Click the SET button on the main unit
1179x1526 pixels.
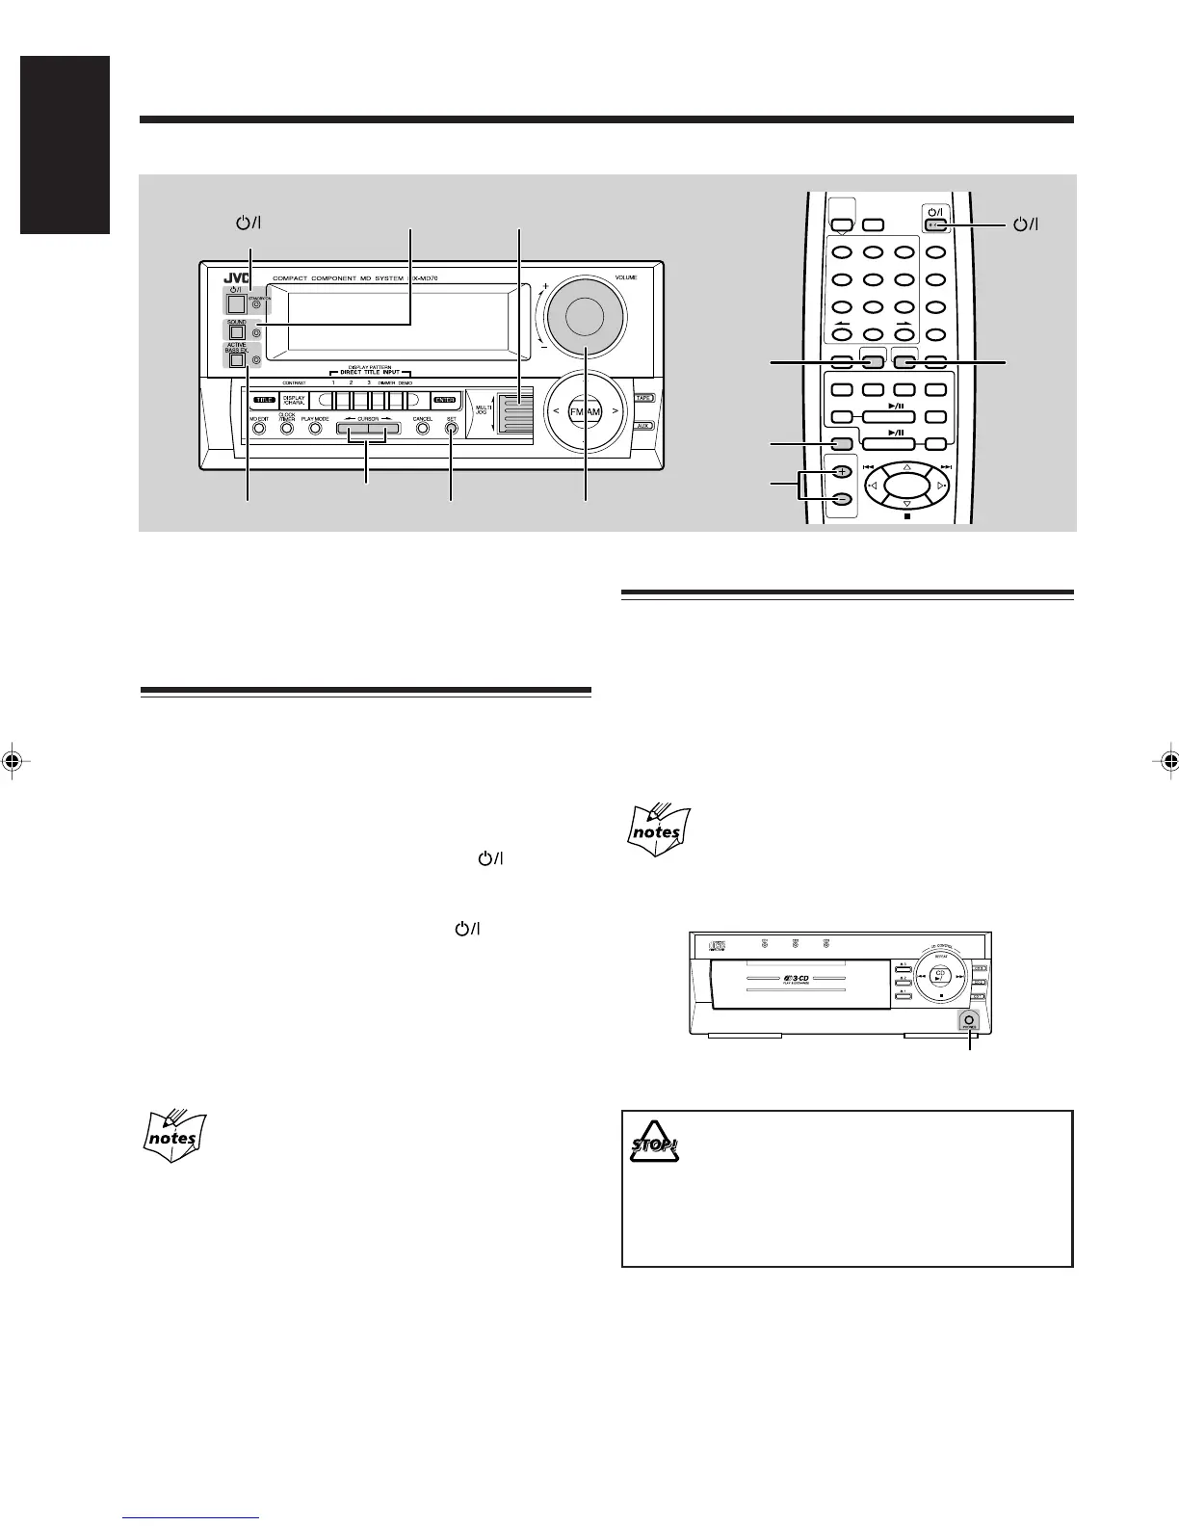coord(451,429)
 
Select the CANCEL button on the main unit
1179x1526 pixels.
coord(422,429)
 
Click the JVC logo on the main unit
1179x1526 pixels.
coord(221,279)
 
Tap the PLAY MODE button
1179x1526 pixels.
coord(315,429)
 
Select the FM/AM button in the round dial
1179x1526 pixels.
coord(584,411)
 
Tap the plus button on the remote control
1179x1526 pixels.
coord(841,473)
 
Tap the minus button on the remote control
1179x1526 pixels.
coord(841,500)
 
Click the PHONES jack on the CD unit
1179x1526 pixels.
coord(969,1020)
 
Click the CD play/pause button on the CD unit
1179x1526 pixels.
coord(941,976)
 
